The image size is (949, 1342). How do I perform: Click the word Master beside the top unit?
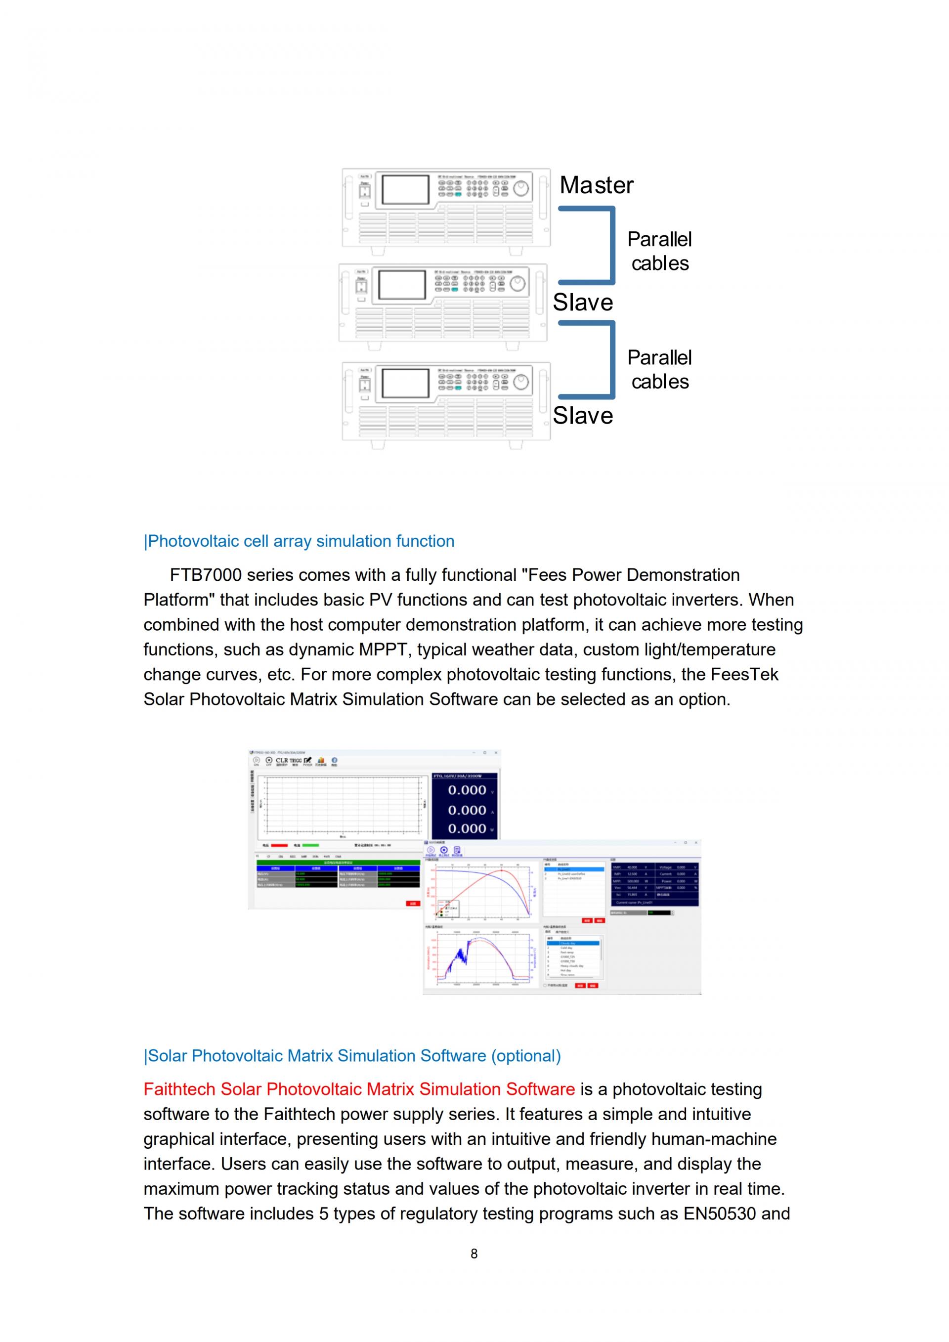click(596, 185)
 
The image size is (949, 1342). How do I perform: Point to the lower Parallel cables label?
click(659, 369)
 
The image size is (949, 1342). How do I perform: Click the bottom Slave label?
click(583, 416)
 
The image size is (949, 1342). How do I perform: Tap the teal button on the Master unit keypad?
click(458, 194)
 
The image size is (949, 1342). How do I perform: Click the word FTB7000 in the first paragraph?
click(205, 575)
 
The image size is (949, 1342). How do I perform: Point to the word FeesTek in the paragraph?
click(744, 675)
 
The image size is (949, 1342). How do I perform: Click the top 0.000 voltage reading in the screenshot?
click(467, 790)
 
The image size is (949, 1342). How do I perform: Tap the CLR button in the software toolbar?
click(282, 760)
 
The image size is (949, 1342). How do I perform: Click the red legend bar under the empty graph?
click(279, 845)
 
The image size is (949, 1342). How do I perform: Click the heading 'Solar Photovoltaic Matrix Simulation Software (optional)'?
click(352, 1056)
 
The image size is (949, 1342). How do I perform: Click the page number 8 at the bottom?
click(474, 1253)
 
